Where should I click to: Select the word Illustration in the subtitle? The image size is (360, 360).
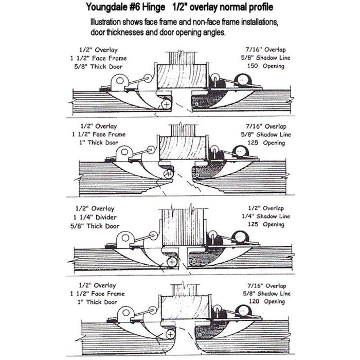pyautogui.click(x=110, y=23)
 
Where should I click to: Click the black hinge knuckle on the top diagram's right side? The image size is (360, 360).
pyautogui.click(x=242, y=79)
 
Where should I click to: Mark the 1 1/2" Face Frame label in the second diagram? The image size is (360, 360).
pyautogui.click(x=103, y=134)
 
